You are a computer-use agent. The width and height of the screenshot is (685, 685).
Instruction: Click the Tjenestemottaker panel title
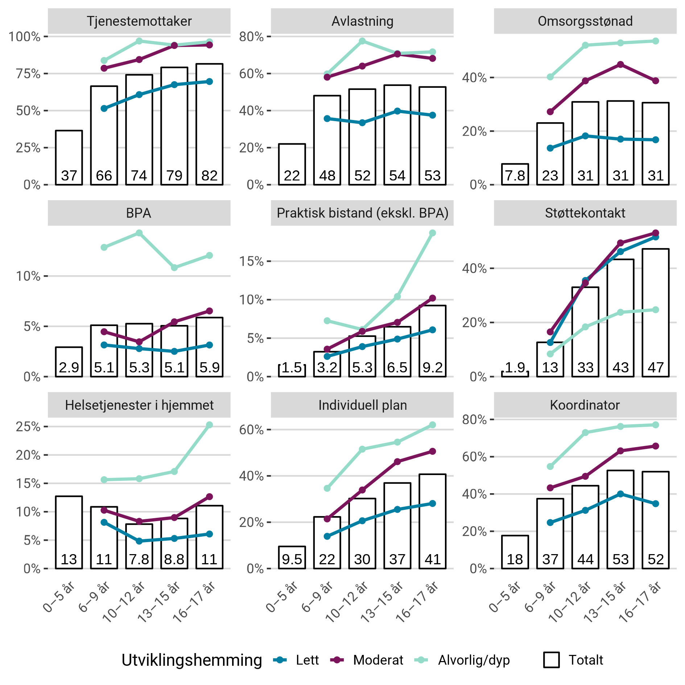tap(139, 21)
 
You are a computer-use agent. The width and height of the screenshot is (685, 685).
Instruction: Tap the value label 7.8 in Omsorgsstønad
tap(515, 176)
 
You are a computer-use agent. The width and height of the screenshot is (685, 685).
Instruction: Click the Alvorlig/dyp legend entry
tap(473, 660)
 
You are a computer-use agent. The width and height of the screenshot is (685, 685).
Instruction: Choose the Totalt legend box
tap(551, 660)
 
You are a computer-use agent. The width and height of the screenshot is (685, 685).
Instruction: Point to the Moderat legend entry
tap(378, 660)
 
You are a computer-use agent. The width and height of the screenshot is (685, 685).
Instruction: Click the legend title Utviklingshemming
tap(191, 660)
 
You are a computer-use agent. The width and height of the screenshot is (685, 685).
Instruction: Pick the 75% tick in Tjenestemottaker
tap(28, 74)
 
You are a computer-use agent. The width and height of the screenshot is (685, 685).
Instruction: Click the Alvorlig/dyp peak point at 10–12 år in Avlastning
tap(362, 41)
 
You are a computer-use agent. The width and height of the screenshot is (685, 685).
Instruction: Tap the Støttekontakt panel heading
tap(585, 213)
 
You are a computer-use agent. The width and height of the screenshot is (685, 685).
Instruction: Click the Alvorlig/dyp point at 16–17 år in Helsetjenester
tap(209, 425)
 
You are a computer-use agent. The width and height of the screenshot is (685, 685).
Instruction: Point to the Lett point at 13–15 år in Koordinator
tap(620, 494)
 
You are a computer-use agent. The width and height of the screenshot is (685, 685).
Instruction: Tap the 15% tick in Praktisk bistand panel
tap(251, 261)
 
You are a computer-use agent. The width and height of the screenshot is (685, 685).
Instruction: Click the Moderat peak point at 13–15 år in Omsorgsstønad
tap(620, 65)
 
